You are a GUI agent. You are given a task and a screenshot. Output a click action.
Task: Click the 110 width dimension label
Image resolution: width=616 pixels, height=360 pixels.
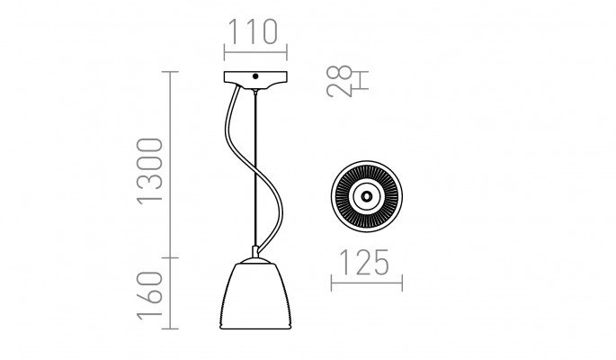pos(253,31)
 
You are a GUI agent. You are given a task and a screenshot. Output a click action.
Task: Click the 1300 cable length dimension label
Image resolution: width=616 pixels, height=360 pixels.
pos(149,171)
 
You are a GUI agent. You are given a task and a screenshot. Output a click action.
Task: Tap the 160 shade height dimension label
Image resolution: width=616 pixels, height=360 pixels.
pos(149,295)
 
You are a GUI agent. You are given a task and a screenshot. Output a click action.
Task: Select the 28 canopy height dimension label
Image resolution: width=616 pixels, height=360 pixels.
pos(339,81)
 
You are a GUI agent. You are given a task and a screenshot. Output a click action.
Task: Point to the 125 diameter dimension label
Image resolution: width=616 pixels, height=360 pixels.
pos(363,262)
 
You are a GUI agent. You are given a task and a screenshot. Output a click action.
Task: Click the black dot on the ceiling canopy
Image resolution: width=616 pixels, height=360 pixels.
pos(255,76)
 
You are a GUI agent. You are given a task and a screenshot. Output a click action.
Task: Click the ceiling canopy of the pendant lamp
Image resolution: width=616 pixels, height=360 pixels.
pos(255,80)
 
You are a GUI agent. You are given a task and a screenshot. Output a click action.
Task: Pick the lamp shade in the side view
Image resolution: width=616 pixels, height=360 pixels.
pos(255,295)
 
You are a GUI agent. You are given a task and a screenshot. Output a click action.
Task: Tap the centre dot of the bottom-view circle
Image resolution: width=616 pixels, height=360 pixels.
pos(367,195)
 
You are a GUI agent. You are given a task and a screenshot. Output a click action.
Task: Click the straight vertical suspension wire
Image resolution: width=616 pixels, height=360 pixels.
pos(255,169)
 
